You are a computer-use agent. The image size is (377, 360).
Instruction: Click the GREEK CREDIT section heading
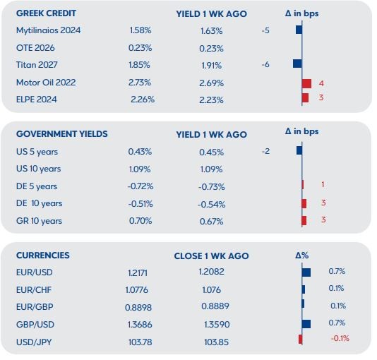click(46, 13)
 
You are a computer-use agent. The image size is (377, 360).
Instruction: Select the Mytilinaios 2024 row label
click(48, 30)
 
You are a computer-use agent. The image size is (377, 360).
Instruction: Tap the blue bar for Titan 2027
click(297, 64)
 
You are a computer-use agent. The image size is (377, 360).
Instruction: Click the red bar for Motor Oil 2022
click(306, 83)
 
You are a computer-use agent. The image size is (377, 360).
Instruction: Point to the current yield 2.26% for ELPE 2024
click(143, 100)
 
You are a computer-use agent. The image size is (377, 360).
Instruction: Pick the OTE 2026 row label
click(35, 48)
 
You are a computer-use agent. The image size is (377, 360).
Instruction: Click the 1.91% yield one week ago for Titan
click(211, 66)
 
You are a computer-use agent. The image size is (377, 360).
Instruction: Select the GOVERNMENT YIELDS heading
click(62, 134)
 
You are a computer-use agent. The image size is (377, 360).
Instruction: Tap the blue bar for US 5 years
click(299, 150)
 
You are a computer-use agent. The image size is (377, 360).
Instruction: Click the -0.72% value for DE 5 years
click(140, 186)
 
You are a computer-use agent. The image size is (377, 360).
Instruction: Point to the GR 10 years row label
click(39, 221)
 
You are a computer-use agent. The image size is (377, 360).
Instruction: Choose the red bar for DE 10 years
click(304, 203)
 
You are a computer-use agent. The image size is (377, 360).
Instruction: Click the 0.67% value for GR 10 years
click(211, 222)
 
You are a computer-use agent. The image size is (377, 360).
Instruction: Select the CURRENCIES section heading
click(43, 256)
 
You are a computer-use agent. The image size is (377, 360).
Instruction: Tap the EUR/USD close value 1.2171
click(138, 273)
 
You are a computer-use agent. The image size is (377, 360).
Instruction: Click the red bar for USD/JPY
click(300, 340)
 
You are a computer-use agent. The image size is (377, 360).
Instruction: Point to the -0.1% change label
click(340, 338)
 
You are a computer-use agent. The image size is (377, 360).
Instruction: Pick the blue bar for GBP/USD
click(306, 324)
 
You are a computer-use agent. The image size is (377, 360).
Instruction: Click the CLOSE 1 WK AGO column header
click(211, 256)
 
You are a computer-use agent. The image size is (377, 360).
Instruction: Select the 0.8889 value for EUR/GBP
click(215, 306)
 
